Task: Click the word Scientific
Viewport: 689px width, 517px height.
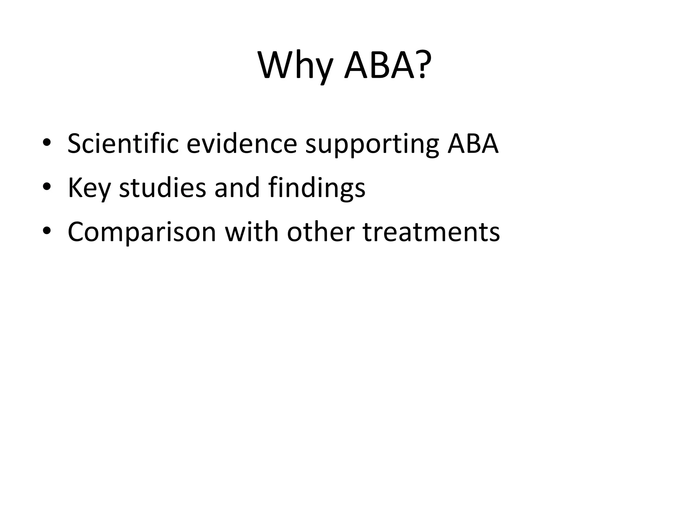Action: (123, 144)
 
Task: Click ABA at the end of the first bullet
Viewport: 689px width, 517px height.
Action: (473, 144)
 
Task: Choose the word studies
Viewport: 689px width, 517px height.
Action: (162, 187)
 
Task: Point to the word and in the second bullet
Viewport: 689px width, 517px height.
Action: (237, 187)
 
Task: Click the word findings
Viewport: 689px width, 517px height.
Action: (317, 188)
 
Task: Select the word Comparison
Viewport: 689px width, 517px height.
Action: (142, 232)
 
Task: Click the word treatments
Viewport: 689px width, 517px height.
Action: (432, 232)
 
